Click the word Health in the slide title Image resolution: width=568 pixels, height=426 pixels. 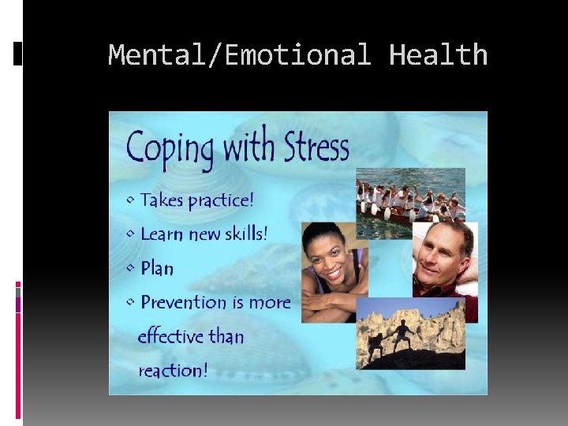438,55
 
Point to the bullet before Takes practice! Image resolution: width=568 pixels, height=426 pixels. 130,200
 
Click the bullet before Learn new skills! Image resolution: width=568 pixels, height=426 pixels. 130,234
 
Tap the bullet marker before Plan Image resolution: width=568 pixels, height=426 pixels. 130,268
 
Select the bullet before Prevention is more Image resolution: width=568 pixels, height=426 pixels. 130,302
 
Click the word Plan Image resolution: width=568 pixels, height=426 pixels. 157,268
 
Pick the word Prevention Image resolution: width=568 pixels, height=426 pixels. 183,302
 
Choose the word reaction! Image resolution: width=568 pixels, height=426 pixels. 173,370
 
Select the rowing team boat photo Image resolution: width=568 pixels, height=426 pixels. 410,201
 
